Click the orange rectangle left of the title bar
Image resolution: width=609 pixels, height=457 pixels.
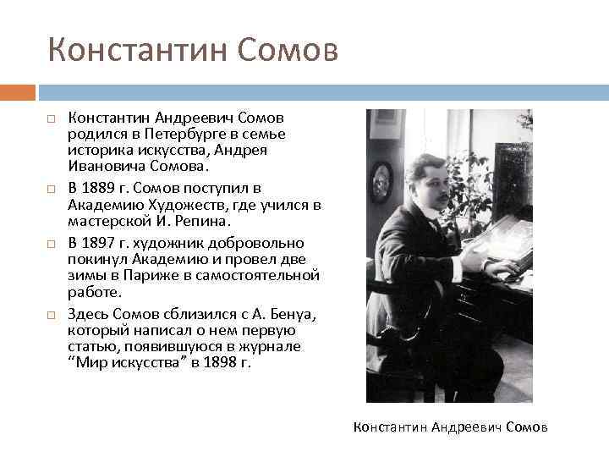click(18, 91)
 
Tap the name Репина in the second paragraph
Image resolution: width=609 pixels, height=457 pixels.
click(200, 222)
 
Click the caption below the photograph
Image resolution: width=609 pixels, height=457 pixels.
click(450, 427)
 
